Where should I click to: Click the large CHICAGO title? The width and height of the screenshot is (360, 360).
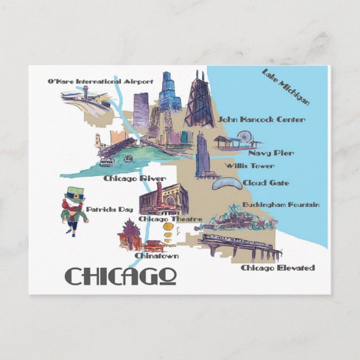click(x=121, y=275)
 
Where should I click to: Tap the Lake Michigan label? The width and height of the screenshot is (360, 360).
click(x=286, y=87)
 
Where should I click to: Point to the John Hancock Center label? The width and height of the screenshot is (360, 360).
click(x=262, y=119)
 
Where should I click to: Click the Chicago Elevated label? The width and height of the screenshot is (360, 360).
click(x=277, y=268)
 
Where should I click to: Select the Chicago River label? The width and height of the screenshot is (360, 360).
click(x=134, y=178)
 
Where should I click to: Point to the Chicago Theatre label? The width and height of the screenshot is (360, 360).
click(x=170, y=219)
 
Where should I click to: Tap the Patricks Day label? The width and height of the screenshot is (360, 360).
click(x=110, y=209)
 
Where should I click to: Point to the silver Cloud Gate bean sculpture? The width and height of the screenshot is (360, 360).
click(x=226, y=184)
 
